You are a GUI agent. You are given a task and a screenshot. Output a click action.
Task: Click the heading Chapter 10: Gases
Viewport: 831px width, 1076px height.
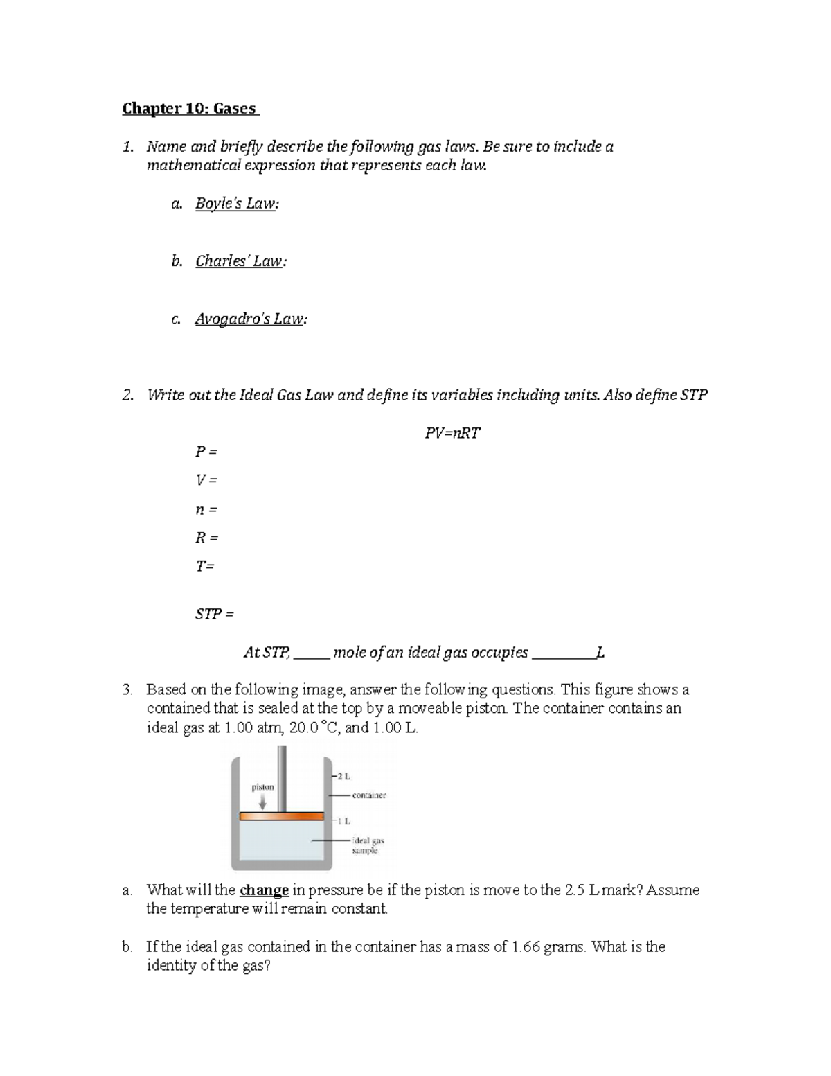click(189, 109)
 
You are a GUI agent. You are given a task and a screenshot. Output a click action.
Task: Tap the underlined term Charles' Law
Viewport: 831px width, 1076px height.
click(240, 262)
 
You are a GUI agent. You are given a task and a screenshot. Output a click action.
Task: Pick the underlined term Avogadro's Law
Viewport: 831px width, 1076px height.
click(250, 319)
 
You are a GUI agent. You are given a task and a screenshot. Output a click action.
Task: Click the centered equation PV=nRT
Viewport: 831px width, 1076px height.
click(452, 434)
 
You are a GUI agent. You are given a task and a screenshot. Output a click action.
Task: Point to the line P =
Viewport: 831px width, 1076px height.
click(206, 452)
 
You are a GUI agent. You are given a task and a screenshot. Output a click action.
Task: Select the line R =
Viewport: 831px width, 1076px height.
click(206, 538)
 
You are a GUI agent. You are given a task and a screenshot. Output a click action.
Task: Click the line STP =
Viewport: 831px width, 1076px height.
click(215, 614)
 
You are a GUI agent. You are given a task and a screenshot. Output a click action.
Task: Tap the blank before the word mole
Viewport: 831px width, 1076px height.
click(312, 654)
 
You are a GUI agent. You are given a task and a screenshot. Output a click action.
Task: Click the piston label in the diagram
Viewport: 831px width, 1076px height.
click(262, 787)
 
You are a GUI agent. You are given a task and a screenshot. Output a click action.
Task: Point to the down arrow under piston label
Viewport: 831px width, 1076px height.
click(262, 802)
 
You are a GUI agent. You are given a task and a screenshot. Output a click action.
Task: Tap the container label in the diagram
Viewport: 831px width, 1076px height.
click(369, 795)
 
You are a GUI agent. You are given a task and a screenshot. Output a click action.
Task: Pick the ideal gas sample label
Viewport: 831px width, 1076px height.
click(367, 845)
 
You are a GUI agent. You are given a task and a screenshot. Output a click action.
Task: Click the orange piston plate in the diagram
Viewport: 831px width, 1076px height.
click(281, 816)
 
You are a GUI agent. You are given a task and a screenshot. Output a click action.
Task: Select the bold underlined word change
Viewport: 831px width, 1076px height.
click(264, 890)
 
